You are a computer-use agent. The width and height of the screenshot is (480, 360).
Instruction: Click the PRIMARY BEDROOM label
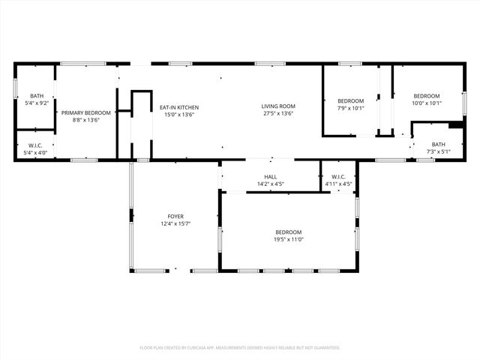tap(86, 113)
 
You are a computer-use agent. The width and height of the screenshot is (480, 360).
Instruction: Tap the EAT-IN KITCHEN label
tap(179, 107)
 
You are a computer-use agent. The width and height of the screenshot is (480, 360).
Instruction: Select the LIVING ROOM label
tap(278, 106)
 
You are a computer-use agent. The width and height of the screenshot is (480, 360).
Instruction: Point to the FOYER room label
tap(175, 216)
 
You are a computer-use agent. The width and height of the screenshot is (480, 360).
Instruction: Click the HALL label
tap(271, 177)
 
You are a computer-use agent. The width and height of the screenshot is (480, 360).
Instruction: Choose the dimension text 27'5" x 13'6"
tap(278, 114)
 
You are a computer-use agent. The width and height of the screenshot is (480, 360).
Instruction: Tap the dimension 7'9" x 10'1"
tap(350, 108)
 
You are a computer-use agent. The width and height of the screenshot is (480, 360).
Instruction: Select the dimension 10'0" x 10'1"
tap(427, 103)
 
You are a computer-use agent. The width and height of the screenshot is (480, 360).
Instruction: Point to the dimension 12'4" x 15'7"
tap(175, 223)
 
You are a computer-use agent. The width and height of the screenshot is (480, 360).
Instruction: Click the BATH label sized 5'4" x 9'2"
tap(37, 96)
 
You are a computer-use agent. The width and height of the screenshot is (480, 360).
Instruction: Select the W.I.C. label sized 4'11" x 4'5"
tap(337, 177)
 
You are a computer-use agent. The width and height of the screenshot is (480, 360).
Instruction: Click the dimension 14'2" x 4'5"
tap(271, 184)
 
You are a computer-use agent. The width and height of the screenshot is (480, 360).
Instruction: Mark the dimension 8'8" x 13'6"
tap(86, 120)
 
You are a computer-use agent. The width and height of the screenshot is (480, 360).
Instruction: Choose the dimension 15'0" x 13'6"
tap(179, 115)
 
